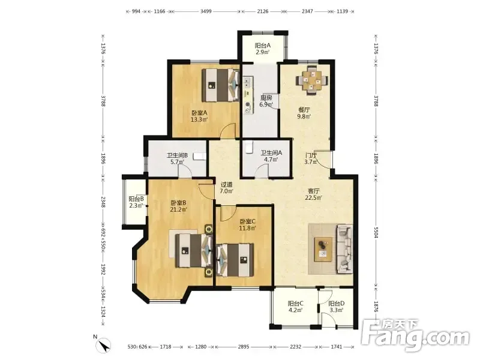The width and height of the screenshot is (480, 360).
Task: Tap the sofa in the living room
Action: (x=344, y=249)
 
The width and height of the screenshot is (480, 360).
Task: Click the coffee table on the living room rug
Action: (x=323, y=249)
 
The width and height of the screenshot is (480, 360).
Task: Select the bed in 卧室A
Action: (x=220, y=85)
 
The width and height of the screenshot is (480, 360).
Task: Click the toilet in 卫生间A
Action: (x=249, y=146)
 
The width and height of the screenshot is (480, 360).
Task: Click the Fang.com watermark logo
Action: (x=415, y=336)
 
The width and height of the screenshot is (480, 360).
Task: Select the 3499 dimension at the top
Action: (x=206, y=11)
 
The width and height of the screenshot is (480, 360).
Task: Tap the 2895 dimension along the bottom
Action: (x=244, y=347)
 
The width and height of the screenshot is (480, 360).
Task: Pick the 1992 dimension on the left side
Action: (x=103, y=269)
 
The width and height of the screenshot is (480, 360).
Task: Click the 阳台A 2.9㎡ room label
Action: (x=263, y=49)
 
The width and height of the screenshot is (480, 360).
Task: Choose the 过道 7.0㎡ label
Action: (x=227, y=188)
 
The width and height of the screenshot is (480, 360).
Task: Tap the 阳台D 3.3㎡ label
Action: (x=337, y=307)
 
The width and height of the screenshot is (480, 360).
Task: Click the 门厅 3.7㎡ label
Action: (x=311, y=158)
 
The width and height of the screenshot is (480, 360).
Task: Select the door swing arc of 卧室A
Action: (x=227, y=129)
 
